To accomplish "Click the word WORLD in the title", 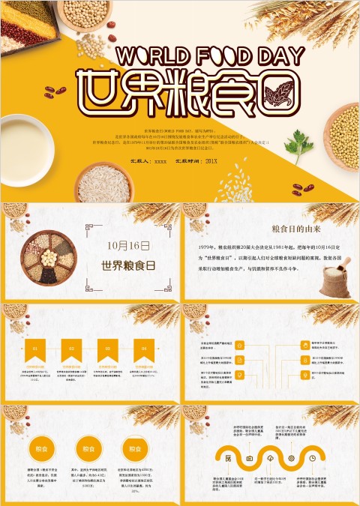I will click(151, 56).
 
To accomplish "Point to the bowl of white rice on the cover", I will click(103, 183).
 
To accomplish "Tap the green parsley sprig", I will click(298, 142).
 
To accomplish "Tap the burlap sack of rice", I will click(334, 280).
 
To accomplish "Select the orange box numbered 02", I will click(71, 349).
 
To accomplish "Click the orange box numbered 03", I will click(108, 349).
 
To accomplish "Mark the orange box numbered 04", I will click(144, 349).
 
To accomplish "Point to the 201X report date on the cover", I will click(211, 161).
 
